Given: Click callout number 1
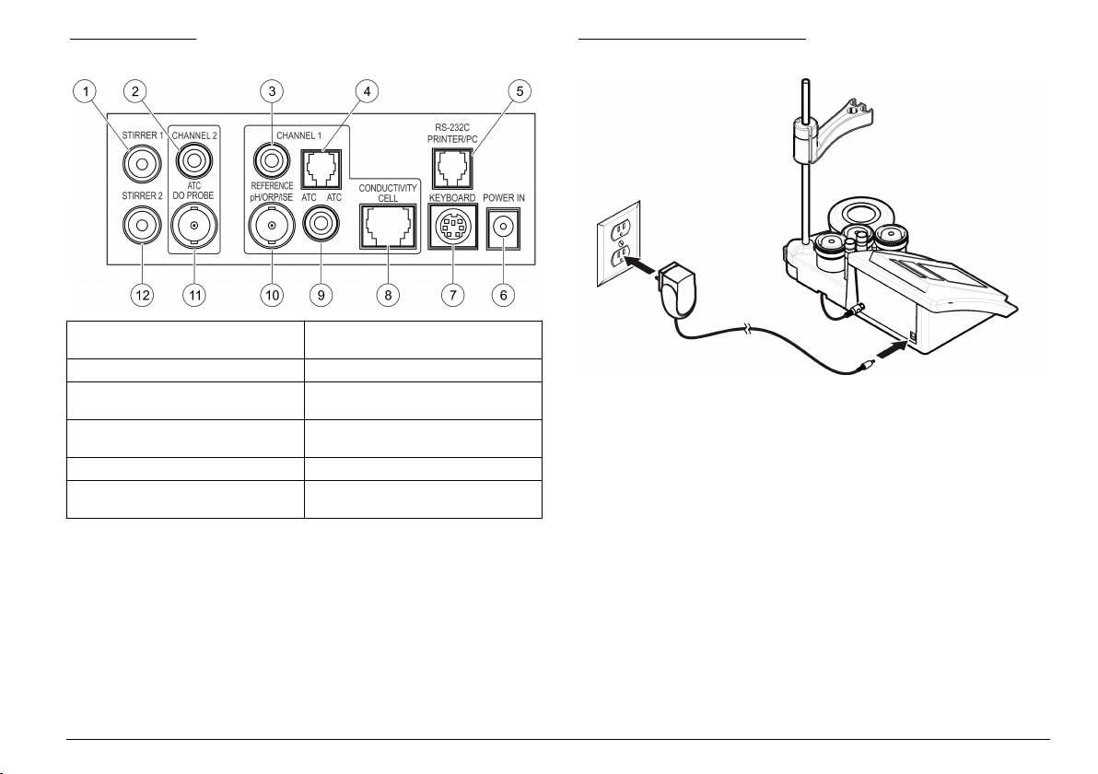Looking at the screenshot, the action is [86, 91].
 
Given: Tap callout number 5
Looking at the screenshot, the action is [519, 91].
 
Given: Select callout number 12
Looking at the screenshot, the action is [142, 294].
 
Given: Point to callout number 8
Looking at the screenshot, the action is [388, 294].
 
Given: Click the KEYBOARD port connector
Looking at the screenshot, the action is [452, 227].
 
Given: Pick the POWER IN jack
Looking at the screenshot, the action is [503, 227].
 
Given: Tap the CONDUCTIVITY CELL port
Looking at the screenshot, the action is [388, 227].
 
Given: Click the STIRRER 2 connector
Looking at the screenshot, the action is [142, 225].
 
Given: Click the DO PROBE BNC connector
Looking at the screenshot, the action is [194, 225].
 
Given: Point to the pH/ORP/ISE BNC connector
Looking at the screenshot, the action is [272, 226].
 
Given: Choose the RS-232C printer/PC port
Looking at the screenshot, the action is [452, 169].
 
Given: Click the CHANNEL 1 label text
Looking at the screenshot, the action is [299, 135].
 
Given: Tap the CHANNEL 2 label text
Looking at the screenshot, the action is [194, 135].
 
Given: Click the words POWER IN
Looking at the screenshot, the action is [504, 198].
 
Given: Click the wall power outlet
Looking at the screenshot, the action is [618, 244].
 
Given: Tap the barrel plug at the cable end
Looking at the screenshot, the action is [865, 365].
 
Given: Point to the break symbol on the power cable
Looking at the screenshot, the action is [750, 329].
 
